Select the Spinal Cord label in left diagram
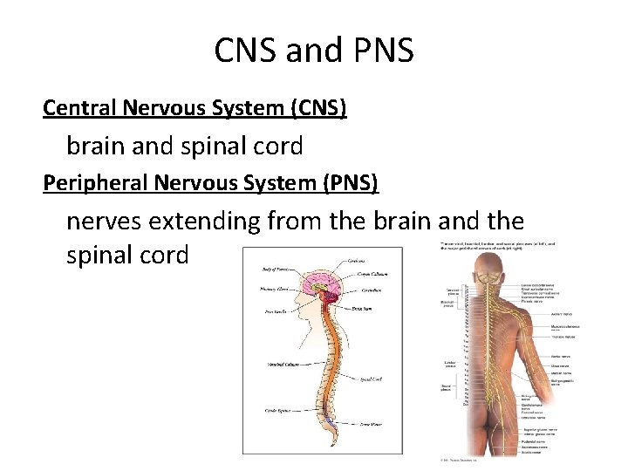pos(370,379)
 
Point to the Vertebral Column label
pos(287,364)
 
